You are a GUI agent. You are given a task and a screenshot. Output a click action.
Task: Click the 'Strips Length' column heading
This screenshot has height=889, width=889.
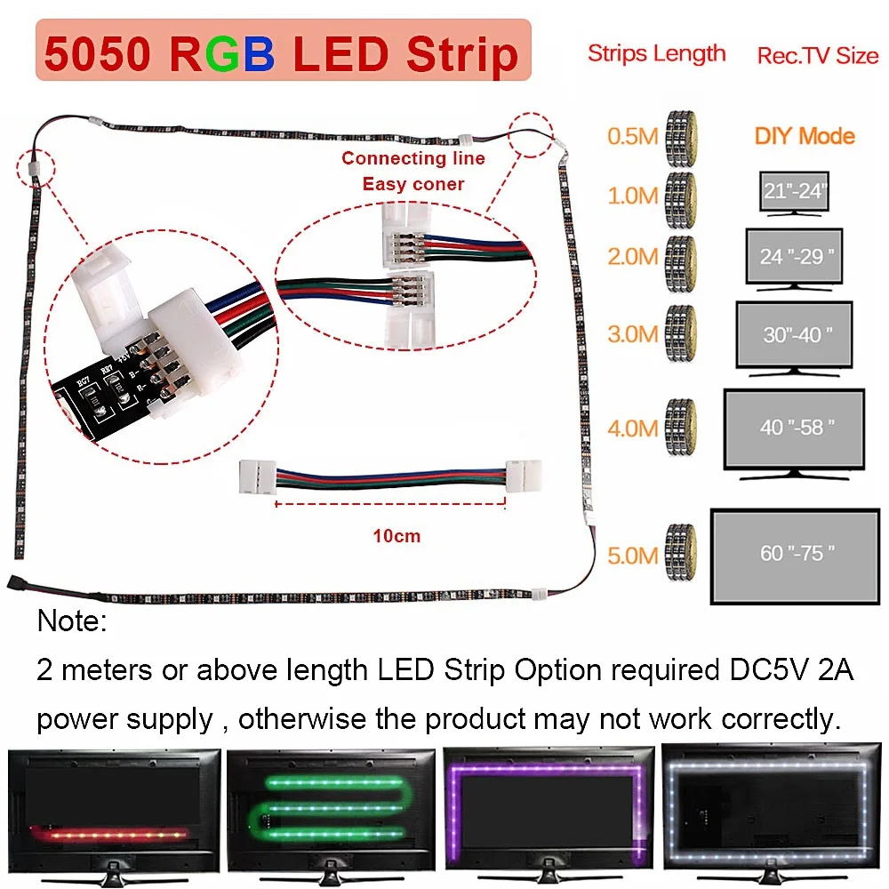[x=657, y=54]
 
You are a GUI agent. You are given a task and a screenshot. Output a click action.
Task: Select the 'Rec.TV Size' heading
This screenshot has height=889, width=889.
[x=818, y=55]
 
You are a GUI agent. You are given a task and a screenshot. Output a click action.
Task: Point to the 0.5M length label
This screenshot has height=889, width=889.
[x=633, y=136]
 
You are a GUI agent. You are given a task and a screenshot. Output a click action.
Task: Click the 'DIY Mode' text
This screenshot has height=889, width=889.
[x=805, y=136]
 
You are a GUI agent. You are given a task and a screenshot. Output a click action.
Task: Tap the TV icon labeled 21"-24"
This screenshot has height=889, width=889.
[x=794, y=194]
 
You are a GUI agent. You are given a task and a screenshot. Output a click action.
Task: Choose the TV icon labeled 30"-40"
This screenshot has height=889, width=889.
[x=794, y=339]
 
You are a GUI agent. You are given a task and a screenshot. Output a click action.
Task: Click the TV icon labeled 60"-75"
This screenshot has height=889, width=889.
[x=795, y=557]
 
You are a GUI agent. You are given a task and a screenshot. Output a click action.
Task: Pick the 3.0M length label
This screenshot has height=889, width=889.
[x=633, y=334]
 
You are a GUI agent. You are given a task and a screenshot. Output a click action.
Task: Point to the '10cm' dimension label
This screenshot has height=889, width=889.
[x=396, y=536]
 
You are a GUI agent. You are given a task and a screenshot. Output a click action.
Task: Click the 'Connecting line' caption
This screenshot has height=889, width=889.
[x=413, y=158]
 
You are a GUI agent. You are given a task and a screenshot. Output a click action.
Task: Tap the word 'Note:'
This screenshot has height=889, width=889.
[x=72, y=621]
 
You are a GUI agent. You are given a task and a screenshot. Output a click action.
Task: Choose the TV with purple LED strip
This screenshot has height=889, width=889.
[x=549, y=815]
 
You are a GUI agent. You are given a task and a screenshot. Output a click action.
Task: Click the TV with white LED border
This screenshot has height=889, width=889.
[x=771, y=814]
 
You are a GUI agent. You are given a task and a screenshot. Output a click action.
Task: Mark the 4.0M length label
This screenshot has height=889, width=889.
[x=633, y=428]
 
